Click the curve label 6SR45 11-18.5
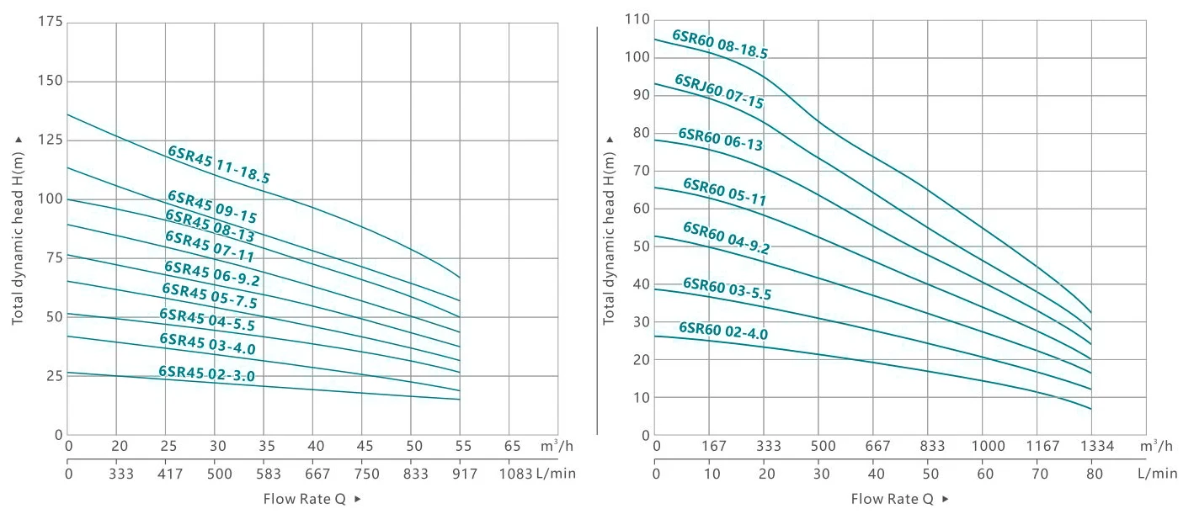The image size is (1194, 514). pos(218,165)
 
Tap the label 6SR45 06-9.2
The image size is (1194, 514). pos(212,273)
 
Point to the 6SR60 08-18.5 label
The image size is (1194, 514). pos(720,45)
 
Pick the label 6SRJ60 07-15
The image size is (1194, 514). pos(719,92)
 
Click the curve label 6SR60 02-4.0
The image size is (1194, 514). pos(723,331)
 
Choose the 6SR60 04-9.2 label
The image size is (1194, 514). pos(726,238)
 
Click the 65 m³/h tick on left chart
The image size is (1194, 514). pos(511,446)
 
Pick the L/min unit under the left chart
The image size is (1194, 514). pos(556,474)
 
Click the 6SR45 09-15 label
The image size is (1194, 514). pos(212,207)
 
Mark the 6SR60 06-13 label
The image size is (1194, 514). pos(721,140)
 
